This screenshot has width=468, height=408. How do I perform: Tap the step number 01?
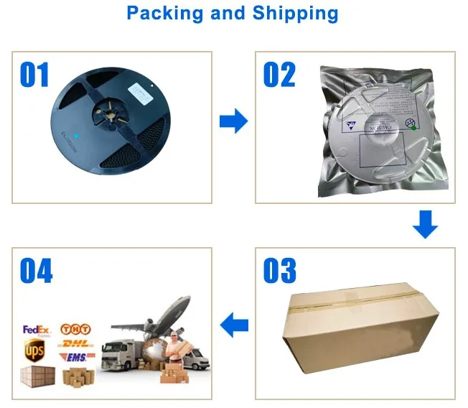[x=34, y=75]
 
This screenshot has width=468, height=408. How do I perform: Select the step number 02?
[x=279, y=75]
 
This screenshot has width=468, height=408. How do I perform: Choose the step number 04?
[x=36, y=272]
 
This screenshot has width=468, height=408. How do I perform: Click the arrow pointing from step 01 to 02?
[x=233, y=121]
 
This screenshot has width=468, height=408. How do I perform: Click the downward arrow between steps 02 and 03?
[x=425, y=224]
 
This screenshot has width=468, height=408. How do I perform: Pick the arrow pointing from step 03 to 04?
[x=234, y=327]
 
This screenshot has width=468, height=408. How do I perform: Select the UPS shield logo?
[x=34, y=351]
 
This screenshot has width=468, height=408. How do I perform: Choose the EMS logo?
[x=77, y=357]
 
